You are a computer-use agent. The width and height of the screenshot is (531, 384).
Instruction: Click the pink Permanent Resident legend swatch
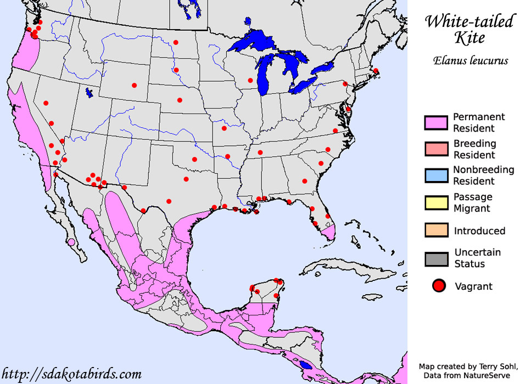437,122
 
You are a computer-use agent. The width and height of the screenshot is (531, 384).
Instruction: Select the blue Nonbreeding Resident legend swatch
437,176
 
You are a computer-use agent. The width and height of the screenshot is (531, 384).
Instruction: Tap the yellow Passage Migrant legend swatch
437,202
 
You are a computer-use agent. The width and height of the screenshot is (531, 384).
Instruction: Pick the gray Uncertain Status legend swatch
437,258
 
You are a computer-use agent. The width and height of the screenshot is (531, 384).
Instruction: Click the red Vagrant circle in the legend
438,286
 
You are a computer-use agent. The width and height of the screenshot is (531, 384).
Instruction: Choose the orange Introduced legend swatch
437,230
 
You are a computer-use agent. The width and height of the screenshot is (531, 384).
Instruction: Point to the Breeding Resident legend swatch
437,149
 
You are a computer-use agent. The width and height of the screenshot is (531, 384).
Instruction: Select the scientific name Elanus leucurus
469,60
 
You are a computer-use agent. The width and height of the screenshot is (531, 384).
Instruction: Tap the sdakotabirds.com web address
71,375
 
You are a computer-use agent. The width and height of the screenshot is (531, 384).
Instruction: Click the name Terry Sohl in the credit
496,366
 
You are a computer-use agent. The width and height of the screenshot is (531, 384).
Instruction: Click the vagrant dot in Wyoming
134,85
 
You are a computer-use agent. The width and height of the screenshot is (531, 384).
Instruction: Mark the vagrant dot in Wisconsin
250,81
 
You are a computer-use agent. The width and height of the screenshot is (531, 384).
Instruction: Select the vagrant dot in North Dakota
176,42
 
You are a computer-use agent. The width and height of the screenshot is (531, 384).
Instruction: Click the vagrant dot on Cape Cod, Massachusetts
376,71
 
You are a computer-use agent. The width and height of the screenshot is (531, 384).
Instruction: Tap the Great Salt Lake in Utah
89,93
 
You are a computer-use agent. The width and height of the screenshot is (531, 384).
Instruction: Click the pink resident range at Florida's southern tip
329,234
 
